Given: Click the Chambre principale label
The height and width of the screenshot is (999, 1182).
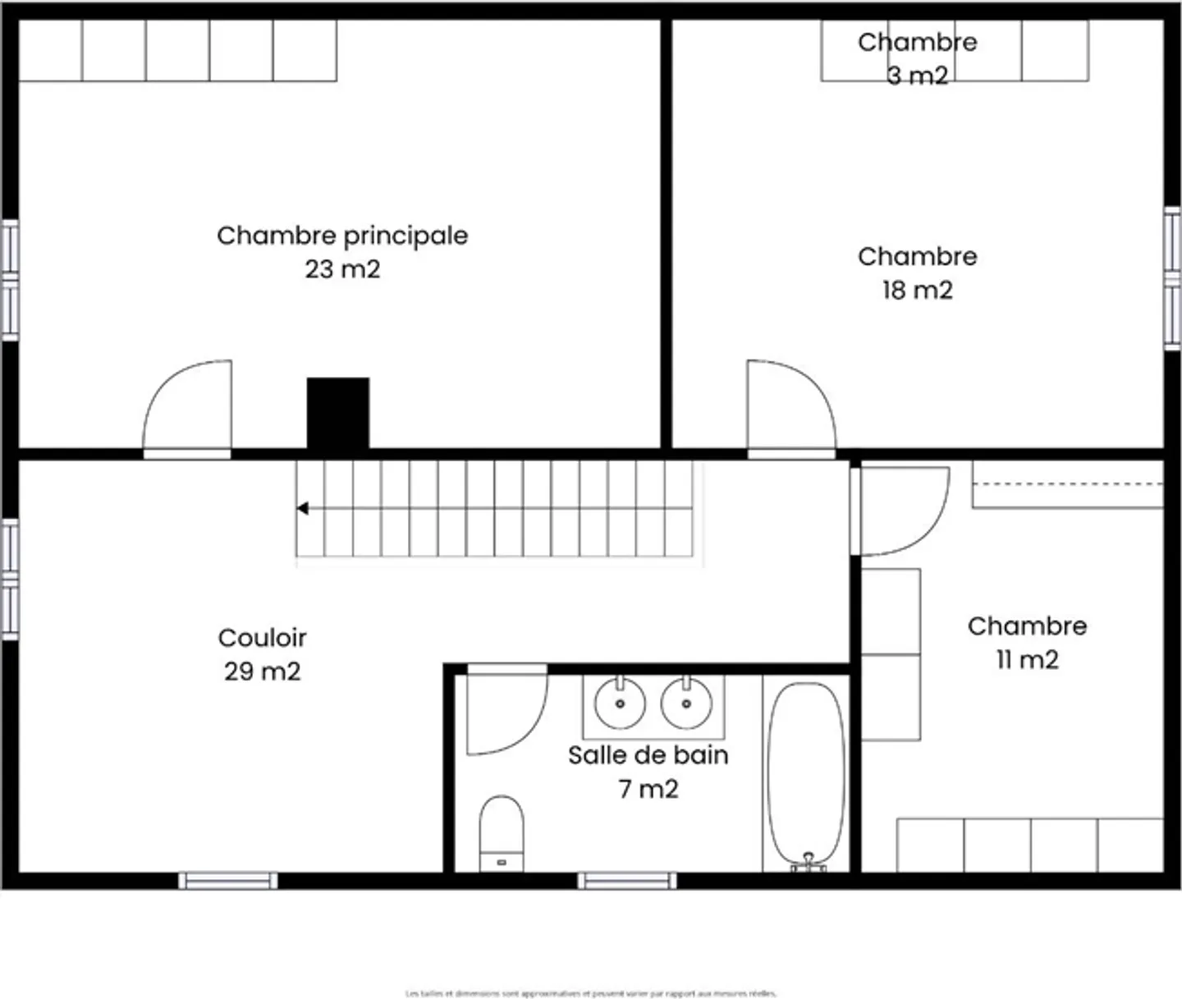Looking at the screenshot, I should click(342, 236).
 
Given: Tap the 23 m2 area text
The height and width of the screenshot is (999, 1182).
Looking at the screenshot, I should click(342, 269).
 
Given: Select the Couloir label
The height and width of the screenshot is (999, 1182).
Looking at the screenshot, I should click(263, 638).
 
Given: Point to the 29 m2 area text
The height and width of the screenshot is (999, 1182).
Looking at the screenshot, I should click(263, 671).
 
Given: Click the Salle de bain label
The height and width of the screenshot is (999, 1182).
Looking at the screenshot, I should click(648, 755).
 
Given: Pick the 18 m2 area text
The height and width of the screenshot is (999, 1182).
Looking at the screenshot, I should click(917, 291).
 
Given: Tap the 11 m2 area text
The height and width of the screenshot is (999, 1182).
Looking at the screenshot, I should click(1027, 660).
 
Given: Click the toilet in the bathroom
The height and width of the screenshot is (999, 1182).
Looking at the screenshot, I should click(502, 831).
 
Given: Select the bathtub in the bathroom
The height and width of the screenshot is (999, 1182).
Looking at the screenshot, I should click(806, 776).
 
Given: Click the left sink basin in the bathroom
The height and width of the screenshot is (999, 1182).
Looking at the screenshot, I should click(620, 703).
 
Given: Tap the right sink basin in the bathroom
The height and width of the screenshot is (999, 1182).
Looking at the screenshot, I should click(686, 703).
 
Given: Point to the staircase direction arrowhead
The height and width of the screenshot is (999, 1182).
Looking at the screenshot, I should click(302, 509).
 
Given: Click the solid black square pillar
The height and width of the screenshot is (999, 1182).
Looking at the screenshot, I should click(338, 413).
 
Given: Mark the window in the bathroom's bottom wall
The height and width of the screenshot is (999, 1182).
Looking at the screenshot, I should click(627, 881).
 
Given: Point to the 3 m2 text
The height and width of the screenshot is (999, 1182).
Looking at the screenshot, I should click(917, 76).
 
